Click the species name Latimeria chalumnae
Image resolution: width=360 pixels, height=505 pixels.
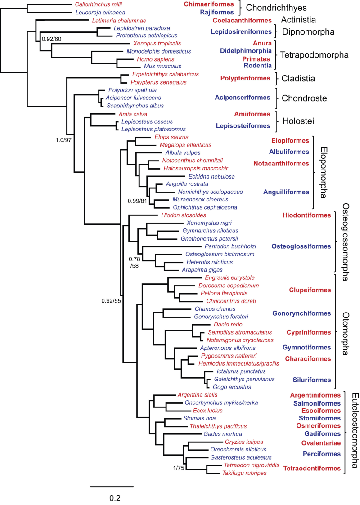(x=119, y=21)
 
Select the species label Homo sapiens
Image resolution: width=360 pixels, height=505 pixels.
(x=155, y=59)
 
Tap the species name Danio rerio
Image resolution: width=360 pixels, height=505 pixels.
(x=228, y=325)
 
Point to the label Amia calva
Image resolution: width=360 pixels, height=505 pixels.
(x=132, y=114)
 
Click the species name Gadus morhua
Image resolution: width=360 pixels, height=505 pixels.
(x=223, y=434)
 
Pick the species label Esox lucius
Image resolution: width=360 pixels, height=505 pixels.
(x=207, y=411)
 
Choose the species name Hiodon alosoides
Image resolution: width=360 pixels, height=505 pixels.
(x=184, y=215)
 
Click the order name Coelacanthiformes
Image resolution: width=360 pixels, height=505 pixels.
(x=242, y=21)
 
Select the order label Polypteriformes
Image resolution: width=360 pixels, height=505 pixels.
(x=245, y=78)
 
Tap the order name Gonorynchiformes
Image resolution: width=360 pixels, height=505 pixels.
(x=301, y=313)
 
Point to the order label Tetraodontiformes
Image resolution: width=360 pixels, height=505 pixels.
(x=312, y=469)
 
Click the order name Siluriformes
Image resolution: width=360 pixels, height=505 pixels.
(x=312, y=380)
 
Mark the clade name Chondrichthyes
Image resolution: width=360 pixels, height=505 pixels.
(x=276, y=8)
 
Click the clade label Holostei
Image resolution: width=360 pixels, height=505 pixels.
(x=298, y=121)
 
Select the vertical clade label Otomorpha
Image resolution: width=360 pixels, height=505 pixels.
(x=346, y=333)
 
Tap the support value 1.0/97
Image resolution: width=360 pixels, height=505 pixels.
(x=63, y=140)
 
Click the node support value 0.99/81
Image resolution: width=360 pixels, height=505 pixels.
(x=137, y=201)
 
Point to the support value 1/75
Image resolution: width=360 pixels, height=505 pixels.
(x=179, y=468)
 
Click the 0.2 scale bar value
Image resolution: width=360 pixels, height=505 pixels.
(x=115, y=498)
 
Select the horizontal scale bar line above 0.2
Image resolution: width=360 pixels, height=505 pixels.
(x=112, y=487)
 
